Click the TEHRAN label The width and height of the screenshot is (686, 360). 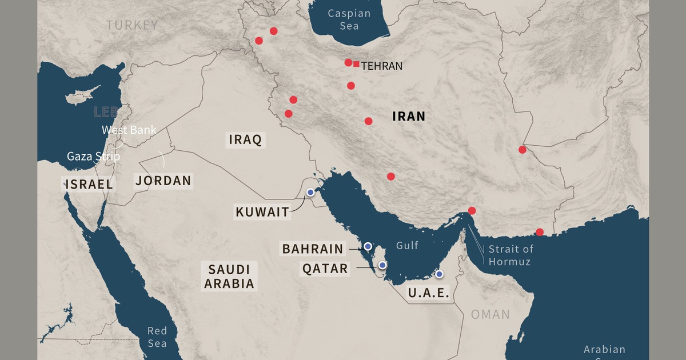pyautogui.click(x=382, y=66)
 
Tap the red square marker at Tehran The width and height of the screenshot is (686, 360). pyautogui.click(x=356, y=64)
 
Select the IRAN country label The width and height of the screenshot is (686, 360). pyautogui.click(x=409, y=117)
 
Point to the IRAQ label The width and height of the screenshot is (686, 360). pyautogui.click(x=245, y=139)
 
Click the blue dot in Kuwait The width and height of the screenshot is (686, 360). pyautogui.click(x=310, y=193)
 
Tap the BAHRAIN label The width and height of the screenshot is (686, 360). pyautogui.click(x=313, y=249)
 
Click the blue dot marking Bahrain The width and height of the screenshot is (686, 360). pyautogui.click(x=368, y=246)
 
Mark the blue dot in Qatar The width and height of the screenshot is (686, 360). pyautogui.click(x=382, y=265)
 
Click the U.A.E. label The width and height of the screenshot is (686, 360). pyautogui.click(x=428, y=294)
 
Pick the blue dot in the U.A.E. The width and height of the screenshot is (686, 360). pyautogui.click(x=439, y=274)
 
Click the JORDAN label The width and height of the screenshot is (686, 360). pyautogui.click(x=163, y=181)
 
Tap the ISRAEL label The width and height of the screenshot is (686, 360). pyautogui.click(x=89, y=183)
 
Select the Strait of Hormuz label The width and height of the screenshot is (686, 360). pyautogui.click(x=510, y=255)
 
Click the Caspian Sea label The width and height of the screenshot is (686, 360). pyautogui.click(x=349, y=19)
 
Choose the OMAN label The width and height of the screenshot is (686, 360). pyautogui.click(x=490, y=314)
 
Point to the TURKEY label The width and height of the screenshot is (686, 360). pyautogui.click(x=131, y=25)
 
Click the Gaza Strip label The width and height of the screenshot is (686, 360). pyautogui.click(x=93, y=156)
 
